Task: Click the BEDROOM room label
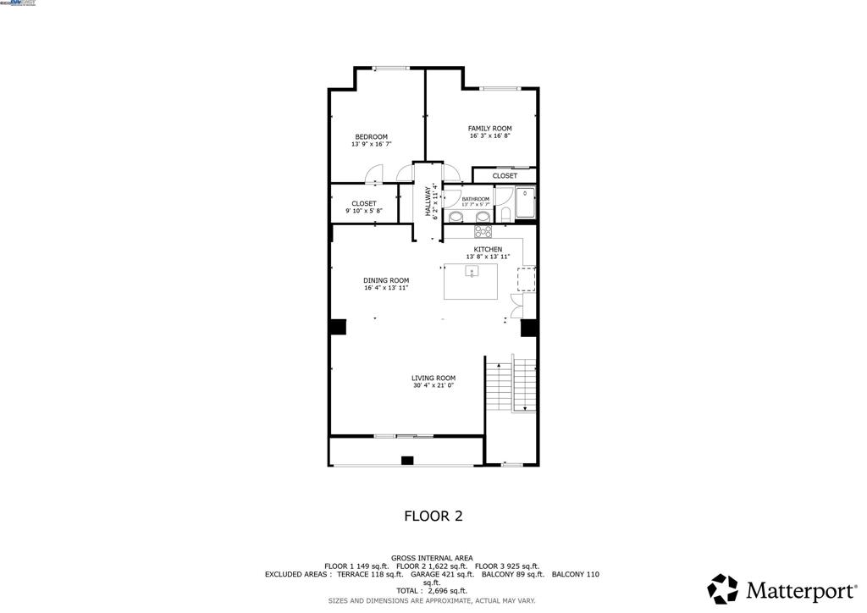click(371, 137)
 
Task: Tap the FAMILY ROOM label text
click(489, 129)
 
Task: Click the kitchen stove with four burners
click(483, 231)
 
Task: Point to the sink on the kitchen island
click(472, 272)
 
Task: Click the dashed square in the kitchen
click(527, 279)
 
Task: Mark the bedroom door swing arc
click(374, 173)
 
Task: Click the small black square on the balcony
click(406, 461)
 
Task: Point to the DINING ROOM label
click(386, 280)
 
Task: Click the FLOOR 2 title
click(433, 515)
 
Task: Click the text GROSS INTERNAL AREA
click(433, 558)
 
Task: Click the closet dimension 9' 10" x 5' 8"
click(364, 212)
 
